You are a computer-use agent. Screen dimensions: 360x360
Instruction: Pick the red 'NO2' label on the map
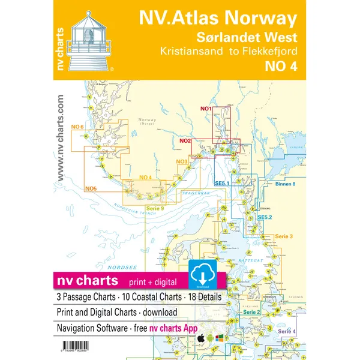pyautogui.click(x=185, y=140)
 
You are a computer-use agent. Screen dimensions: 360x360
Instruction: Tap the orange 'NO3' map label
pyautogui.click(x=181, y=161)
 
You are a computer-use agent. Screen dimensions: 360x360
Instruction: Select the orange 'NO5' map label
pyautogui.click(x=91, y=189)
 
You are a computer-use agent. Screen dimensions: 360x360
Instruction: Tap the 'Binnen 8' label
pyautogui.click(x=286, y=184)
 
